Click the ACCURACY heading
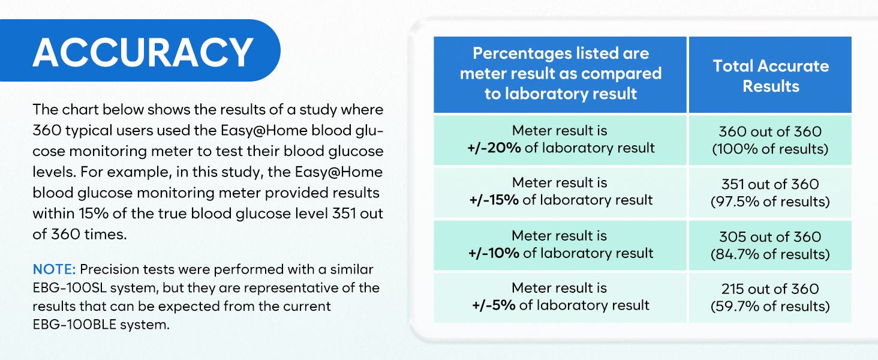(x=143, y=53)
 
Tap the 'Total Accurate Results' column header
(x=771, y=76)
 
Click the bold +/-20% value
(x=494, y=148)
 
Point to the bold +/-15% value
(x=494, y=200)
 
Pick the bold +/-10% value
(x=494, y=253)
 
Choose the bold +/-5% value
(x=494, y=305)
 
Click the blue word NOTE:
(x=54, y=269)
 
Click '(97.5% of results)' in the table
(x=770, y=202)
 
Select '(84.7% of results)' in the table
(x=770, y=254)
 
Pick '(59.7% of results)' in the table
(x=770, y=306)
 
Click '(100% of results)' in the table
(x=770, y=149)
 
